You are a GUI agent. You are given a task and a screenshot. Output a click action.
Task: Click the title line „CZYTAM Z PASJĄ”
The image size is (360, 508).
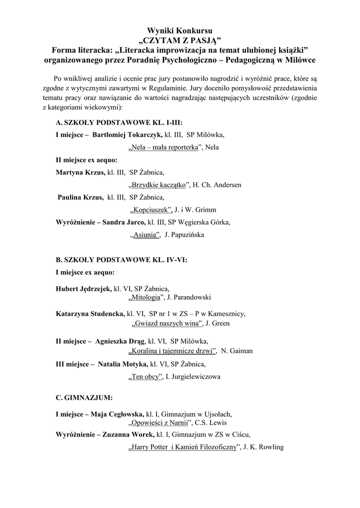tap(180, 41)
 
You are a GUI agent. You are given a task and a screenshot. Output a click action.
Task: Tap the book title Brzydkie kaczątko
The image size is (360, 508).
tap(160, 185)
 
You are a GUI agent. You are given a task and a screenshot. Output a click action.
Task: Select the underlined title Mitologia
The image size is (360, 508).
tap(146, 297)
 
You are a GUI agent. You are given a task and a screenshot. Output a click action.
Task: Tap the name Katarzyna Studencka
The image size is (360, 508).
tap(90, 314)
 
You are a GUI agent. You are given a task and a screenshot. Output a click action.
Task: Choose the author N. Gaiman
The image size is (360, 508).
tap(237, 351)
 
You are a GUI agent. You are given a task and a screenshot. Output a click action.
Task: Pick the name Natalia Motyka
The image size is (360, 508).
tap(126, 364)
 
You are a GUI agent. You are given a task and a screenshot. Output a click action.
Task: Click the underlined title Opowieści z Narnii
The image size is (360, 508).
tap(160, 423)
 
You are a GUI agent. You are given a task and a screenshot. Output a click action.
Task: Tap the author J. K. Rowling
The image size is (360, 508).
tap(264, 447)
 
